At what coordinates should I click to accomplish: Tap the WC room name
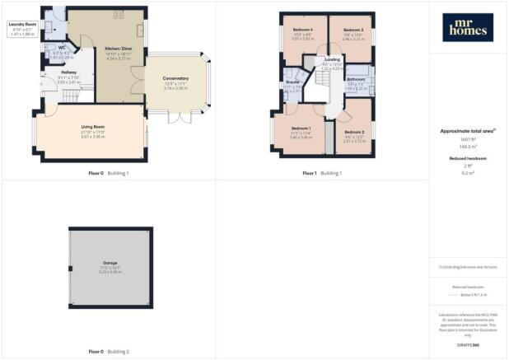[62, 48]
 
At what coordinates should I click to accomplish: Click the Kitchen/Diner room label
[119, 49]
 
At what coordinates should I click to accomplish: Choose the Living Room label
[92, 126]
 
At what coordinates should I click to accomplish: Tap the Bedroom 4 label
[303, 30]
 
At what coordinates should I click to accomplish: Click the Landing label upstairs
[332, 60]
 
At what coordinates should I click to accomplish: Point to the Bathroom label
[355, 79]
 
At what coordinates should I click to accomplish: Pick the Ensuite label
[292, 82]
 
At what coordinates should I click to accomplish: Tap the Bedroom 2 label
[354, 132]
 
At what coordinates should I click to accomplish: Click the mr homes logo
[469, 27]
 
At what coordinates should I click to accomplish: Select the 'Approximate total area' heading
[467, 130]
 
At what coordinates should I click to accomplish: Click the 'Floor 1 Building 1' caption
[321, 173]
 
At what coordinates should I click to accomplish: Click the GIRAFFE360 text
[469, 344]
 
